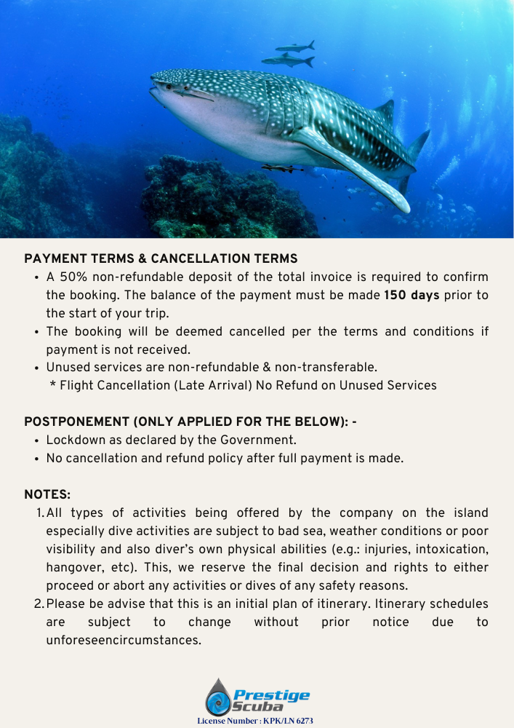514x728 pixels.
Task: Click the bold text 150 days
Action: coord(411,295)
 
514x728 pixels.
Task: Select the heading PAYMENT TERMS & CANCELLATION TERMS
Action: coord(161,258)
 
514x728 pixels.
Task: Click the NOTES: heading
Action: coord(47,494)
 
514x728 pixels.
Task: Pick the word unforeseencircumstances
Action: coord(123,640)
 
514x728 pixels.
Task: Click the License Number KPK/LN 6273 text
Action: coord(255,721)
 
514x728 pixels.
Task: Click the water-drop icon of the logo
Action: coord(217,697)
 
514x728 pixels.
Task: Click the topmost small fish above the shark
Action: coord(295,47)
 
